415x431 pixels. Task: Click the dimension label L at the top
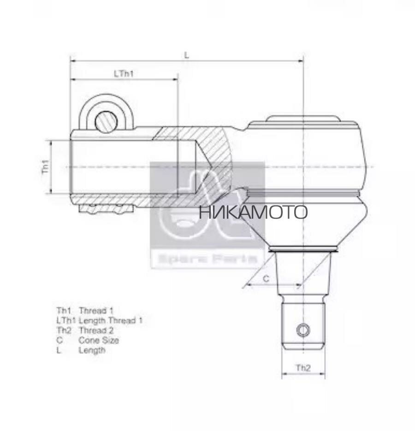[186, 55]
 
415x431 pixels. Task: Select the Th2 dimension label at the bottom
[303, 368]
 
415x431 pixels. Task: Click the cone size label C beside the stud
[266, 278]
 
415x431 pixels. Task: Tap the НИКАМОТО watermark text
[253, 213]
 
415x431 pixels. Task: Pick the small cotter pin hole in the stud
[303, 330]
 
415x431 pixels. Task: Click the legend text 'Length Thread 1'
[110, 320]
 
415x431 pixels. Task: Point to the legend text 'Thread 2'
[96, 331]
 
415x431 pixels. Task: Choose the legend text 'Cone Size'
[98, 340]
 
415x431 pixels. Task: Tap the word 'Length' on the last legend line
[92, 350]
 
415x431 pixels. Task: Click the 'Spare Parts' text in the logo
[207, 259]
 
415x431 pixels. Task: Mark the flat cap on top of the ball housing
[303, 118]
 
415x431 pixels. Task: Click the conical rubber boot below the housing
[303, 221]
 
